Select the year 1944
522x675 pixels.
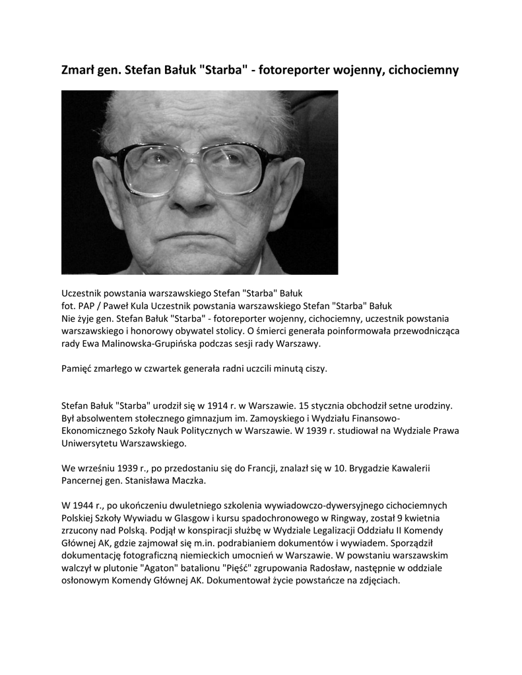pyautogui.click(x=86, y=506)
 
